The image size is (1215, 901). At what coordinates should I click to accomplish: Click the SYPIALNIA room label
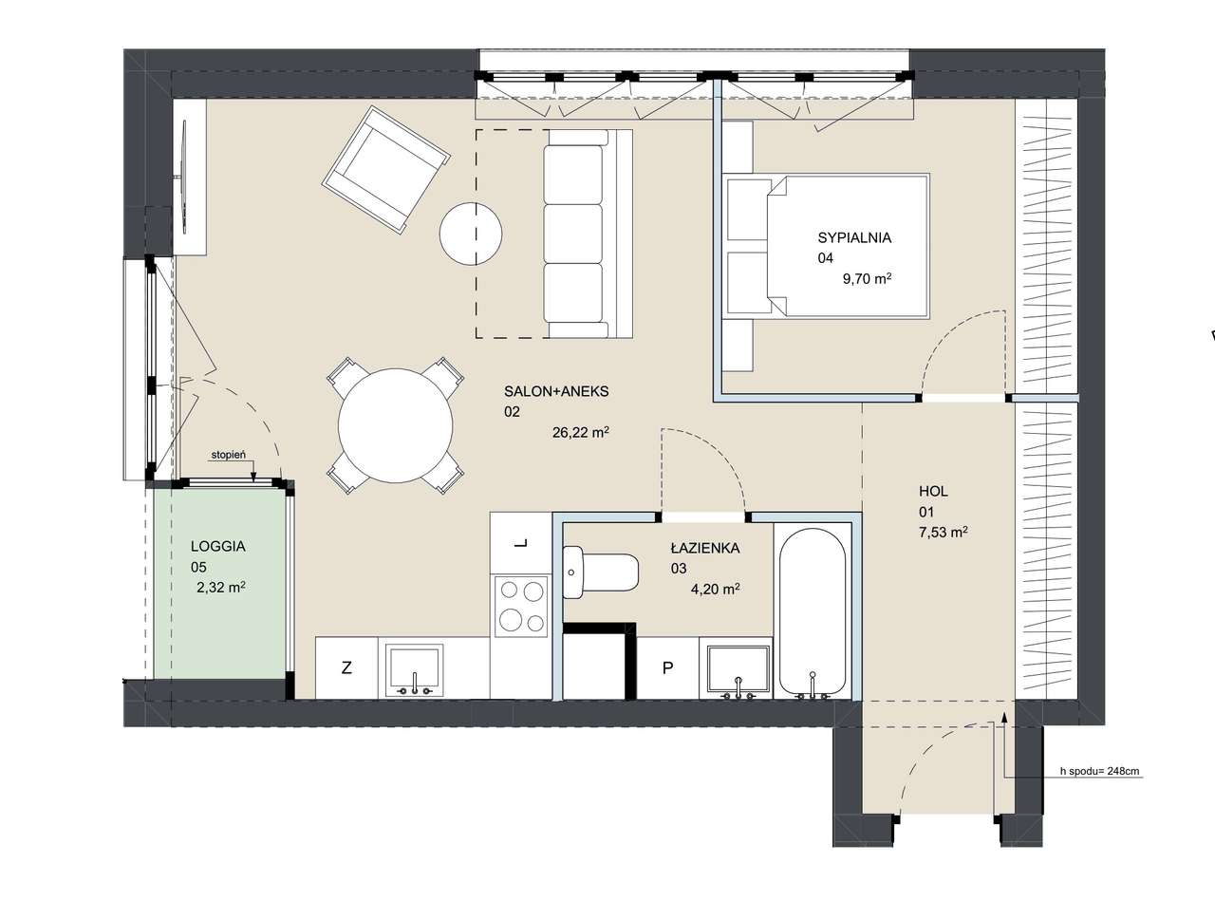[854, 237]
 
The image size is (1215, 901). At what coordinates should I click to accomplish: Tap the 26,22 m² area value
[581, 432]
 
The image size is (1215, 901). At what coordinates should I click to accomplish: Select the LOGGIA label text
[218, 546]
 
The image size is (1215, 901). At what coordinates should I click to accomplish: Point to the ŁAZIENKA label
[705, 548]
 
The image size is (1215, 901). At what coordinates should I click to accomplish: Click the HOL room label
[933, 491]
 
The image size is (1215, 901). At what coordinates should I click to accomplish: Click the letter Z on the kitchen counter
[346, 667]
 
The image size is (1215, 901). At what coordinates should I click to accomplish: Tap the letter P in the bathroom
[667, 667]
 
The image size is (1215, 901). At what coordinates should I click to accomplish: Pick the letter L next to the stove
[521, 544]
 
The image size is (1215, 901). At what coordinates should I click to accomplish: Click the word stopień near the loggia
[229, 455]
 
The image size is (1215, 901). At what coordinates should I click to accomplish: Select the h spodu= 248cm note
[1099, 771]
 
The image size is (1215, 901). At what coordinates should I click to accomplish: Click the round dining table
[396, 426]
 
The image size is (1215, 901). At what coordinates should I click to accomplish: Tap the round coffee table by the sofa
[471, 234]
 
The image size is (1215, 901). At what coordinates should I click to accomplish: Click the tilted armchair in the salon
[386, 170]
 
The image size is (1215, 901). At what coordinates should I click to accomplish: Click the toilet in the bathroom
[600, 573]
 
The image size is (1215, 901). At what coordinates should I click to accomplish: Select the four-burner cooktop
[521, 606]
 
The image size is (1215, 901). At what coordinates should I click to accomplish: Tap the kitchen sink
[414, 669]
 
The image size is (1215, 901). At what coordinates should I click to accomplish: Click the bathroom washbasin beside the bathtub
[738, 671]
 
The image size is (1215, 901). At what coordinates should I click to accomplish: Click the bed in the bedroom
[826, 246]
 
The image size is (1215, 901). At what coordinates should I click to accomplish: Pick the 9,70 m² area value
[867, 279]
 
